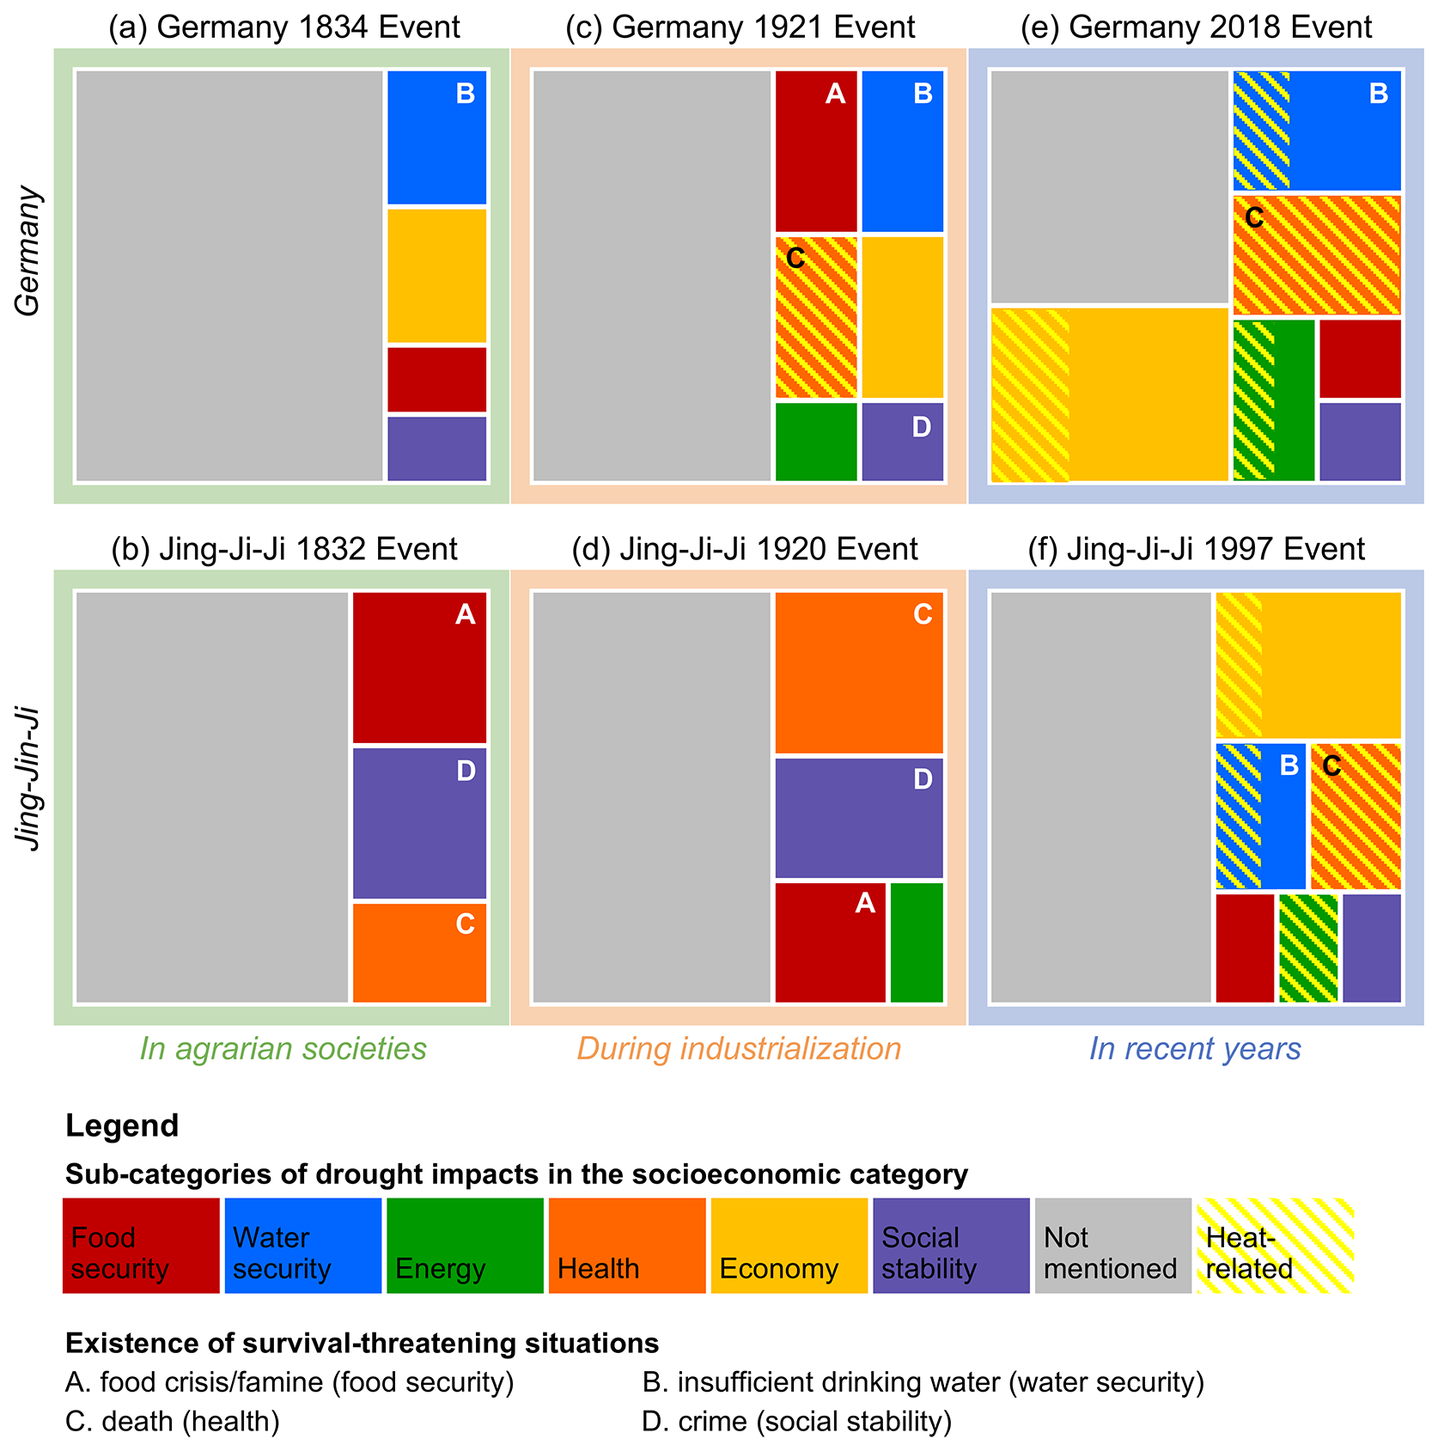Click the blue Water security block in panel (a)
(436, 137)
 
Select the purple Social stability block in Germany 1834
(436, 448)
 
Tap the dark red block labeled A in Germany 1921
(816, 151)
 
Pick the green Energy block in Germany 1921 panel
(816, 442)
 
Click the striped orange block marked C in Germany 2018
(1317, 255)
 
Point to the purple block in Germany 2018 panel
(1360, 442)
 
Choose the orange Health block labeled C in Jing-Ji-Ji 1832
(419, 952)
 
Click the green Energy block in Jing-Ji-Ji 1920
(917, 942)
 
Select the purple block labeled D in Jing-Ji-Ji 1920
(859, 818)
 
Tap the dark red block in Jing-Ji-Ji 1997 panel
(1245, 948)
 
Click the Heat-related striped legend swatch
(1276, 1246)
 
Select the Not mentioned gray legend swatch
(1112, 1246)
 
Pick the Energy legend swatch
(465, 1246)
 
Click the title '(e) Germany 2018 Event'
(1196, 27)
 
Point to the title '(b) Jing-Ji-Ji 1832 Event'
(284, 549)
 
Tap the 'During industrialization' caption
(739, 1049)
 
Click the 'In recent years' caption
(1195, 1049)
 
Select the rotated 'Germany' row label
(28, 251)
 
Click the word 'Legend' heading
(122, 1125)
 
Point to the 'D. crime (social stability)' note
(796, 1421)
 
